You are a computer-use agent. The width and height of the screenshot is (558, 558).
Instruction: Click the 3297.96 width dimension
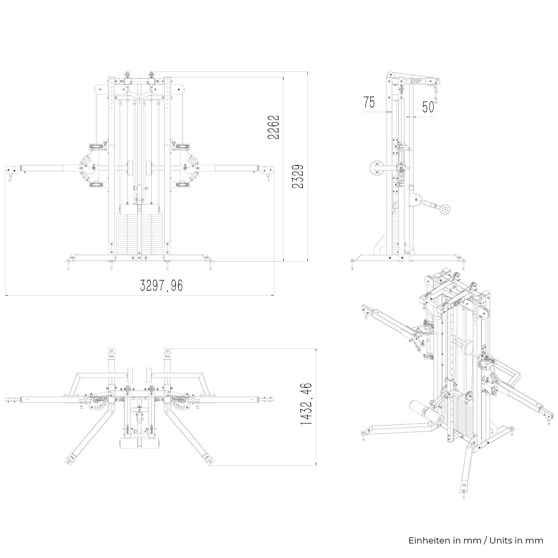162,285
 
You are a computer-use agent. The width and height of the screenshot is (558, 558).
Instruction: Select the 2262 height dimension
274,127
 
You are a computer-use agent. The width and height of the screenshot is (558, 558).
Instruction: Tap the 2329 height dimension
298,177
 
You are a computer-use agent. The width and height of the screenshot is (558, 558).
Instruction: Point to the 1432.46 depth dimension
306,408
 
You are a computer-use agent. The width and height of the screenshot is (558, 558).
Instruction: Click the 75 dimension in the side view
369,103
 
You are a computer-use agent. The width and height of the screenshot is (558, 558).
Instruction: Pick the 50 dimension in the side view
428,107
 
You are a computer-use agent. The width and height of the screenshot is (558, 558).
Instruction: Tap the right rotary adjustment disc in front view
190,167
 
